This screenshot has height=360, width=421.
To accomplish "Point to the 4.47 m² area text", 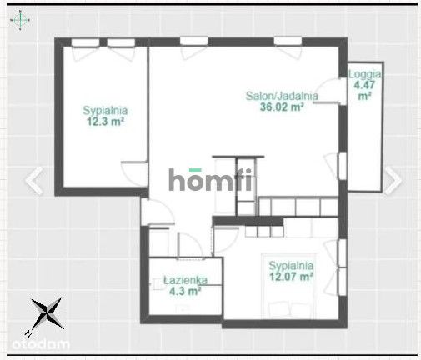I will click(363, 89).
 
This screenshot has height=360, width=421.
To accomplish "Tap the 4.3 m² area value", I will click(183, 292).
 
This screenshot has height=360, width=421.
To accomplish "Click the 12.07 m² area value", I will click(290, 277).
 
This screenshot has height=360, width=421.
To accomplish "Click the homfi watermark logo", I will click(212, 179).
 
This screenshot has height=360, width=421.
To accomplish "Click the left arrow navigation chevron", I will click(34, 181).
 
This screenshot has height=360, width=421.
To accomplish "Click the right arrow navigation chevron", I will click(392, 181).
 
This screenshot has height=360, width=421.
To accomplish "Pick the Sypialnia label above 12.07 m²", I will click(289, 266).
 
